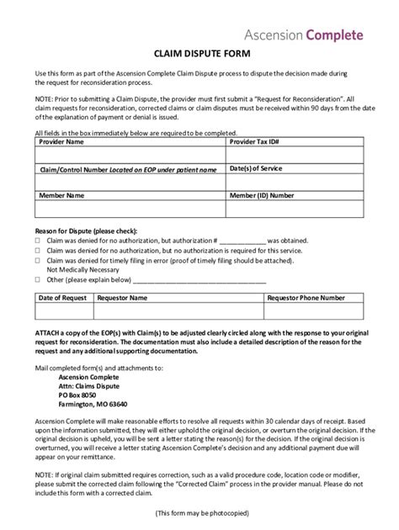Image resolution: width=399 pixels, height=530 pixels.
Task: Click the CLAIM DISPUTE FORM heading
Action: (x=199, y=52)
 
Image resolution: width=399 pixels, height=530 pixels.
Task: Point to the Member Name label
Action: (x=62, y=194)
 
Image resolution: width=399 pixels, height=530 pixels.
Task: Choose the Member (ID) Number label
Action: (x=262, y=194)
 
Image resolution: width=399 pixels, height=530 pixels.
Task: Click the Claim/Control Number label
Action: (x=127, y=169)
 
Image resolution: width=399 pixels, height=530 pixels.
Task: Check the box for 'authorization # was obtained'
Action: (x=38, y=239)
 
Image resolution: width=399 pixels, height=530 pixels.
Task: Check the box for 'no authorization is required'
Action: (x=38, y=250)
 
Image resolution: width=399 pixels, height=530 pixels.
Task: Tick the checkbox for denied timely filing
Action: (x=38, y=261)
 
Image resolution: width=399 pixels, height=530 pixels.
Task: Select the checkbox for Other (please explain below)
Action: (x=38, y=279)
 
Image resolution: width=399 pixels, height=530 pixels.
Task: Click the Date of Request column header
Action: (x=64, y=298)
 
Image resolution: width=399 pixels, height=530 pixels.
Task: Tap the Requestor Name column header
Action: (x=122, y=298)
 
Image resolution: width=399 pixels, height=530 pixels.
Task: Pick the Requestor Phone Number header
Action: (x=306, y=298)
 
